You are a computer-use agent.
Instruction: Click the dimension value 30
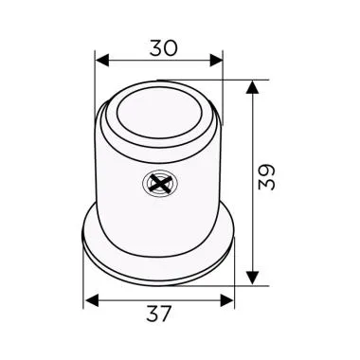click(x=160, y=44)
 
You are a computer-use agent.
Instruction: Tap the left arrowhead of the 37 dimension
click(x=91, y=300)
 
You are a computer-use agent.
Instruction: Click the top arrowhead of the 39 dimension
click(x=252, y=87)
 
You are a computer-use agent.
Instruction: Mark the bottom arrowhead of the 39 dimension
click(x=252, y=277)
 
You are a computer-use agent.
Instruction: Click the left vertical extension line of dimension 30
click(x=97, y=85)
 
